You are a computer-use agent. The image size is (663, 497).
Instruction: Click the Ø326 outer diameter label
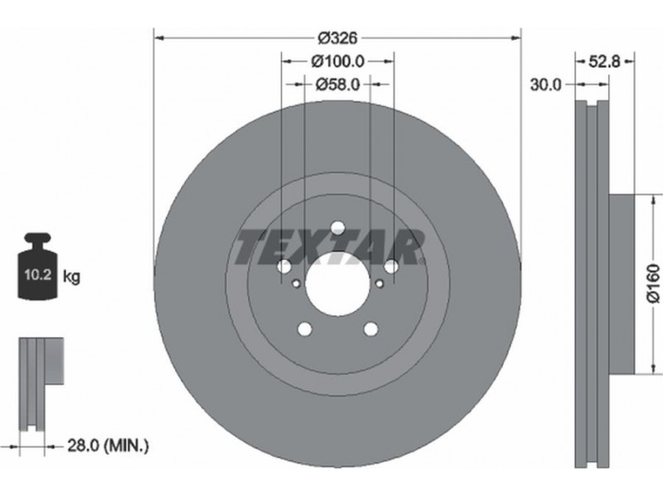tap(338, 38)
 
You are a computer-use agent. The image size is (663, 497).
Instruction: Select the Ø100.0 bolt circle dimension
tap(338, 61)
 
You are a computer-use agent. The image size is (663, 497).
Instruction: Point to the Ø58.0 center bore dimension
tap(338, 85)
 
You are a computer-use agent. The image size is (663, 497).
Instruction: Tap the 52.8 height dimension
tap(605, 61)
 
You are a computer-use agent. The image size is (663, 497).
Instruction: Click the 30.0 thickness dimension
tap(546, 85)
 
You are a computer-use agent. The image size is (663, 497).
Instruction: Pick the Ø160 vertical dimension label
tap(653, 283)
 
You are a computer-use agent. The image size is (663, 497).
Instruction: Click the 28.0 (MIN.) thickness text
tap(109, 445)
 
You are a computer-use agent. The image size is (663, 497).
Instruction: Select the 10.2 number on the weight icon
tap(38, 275)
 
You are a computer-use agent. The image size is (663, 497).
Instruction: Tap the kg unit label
tap(71, 277)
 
